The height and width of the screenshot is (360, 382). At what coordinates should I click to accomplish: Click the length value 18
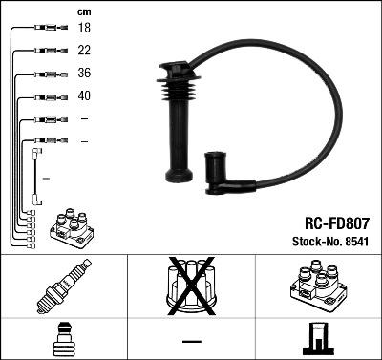83,30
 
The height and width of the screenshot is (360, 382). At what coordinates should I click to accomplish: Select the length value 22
83,51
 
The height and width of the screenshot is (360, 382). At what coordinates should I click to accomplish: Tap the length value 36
83,74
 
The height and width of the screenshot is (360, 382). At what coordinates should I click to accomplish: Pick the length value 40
83,96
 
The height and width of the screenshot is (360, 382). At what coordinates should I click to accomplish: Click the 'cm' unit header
83,11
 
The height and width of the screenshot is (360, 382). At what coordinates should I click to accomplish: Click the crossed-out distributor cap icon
191,287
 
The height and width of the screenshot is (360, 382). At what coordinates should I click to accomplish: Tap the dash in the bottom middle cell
191,340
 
